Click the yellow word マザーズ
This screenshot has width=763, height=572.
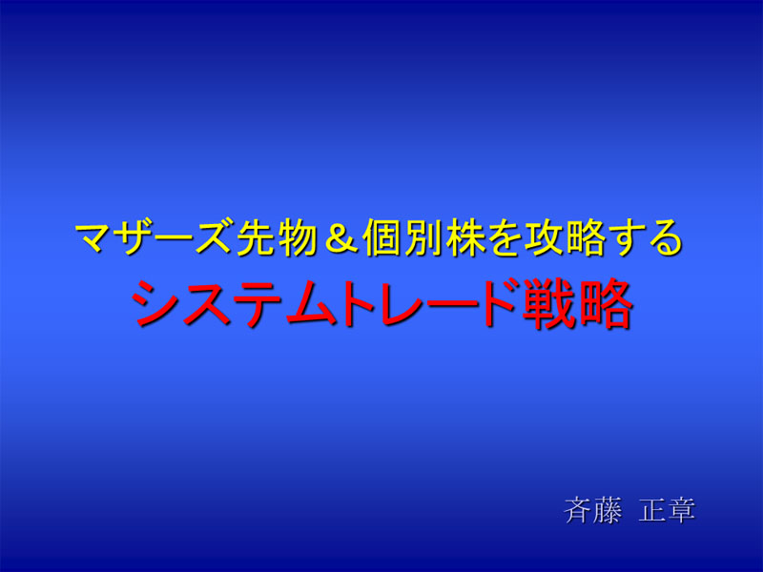[154, 237]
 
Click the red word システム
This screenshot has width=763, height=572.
[234, 303]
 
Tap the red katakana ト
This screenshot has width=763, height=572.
[361, 303]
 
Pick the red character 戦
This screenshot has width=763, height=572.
[546, 303]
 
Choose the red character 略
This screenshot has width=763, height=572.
[604, 303]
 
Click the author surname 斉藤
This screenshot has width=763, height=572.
[593, 510]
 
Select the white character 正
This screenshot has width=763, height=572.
[652, 510]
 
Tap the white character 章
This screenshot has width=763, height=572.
[681, 510]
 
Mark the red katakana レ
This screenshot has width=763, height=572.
[403, 303]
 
